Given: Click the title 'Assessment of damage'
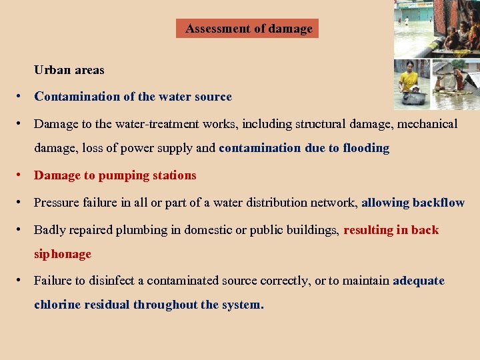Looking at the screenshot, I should click(248, 29).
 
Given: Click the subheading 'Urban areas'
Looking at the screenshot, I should click(69, 69).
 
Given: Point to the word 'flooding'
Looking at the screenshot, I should click(365, 148).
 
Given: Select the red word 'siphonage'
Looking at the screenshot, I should click(63, 254).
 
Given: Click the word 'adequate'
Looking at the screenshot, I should click(419, 281).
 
